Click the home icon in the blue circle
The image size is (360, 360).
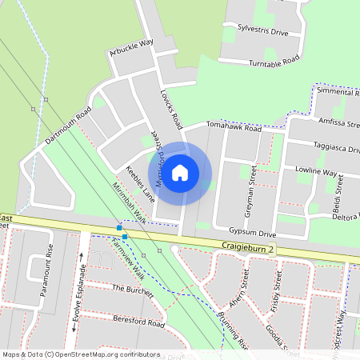[181, 172]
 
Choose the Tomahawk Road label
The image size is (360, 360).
[234, 127]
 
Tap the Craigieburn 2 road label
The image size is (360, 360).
[249, 250]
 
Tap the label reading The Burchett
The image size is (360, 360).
[131, 290]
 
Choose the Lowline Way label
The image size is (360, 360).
[315, 172]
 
